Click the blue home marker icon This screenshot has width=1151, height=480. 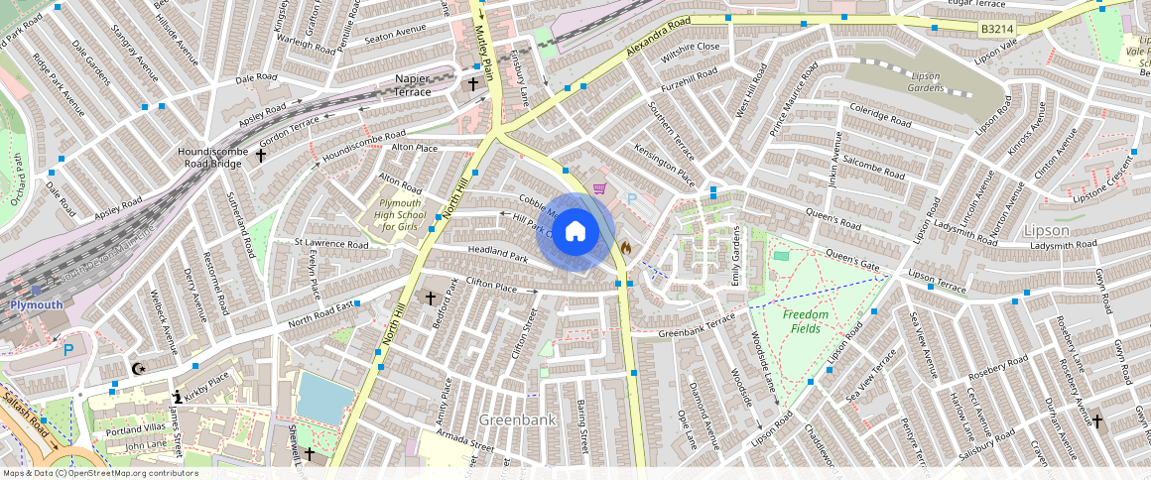coord(575,232)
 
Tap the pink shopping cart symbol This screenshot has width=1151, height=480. coord(599,188)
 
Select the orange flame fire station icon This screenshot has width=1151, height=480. coord(625,247)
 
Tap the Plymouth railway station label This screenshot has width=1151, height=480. coord(36,305)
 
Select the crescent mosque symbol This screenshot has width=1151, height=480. coord(139,370)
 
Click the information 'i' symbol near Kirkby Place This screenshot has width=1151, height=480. coord(177,397)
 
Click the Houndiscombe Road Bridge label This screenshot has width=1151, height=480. coord(205,158)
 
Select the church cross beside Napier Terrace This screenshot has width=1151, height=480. coord(473,85)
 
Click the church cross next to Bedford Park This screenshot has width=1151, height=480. coord(431,298)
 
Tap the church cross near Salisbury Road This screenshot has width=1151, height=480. coord(1096,420)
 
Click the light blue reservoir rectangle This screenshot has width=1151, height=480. coord(323,397)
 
